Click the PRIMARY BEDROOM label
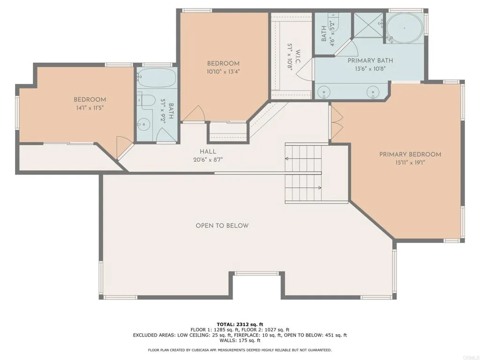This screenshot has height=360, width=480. [x=410, y=154]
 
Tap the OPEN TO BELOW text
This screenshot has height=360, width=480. [x=222, y=225]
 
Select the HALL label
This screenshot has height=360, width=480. [x=208, y=151]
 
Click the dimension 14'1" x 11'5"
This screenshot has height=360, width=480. [x=89, y=108]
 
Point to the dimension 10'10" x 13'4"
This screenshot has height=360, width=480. [x=223, y=72]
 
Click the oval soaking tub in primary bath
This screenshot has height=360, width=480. [x=404, y=28]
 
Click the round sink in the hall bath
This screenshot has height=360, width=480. [x=145, y=124]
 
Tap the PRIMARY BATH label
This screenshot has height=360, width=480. [x=370, y=60]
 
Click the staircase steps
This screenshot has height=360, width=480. [x=303, y=173]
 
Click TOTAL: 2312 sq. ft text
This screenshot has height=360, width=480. [x=240, y=324]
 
